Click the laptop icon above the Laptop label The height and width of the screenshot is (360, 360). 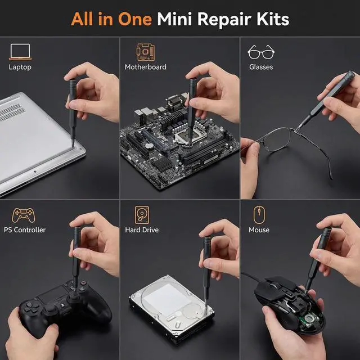click(20, 52)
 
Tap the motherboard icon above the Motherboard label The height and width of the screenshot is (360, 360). click(145, 52)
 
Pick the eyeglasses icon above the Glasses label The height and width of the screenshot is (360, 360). click(261, 52)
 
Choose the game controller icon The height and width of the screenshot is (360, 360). click(24, 215)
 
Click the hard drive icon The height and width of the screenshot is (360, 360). click(142, 215)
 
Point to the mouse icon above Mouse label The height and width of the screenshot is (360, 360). click(259, 215)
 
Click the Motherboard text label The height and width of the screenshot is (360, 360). click(145, 67)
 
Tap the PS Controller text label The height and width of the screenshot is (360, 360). click(25, 230)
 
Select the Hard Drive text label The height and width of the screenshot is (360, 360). click(142, 230)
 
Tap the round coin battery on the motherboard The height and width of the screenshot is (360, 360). click(150, 146)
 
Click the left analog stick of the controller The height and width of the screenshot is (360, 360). click(50, 308)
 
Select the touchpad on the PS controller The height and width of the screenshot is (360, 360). click(52, 294)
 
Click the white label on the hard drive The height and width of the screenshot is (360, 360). click(167, 299)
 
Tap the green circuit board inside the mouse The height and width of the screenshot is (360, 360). click(310, 319)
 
